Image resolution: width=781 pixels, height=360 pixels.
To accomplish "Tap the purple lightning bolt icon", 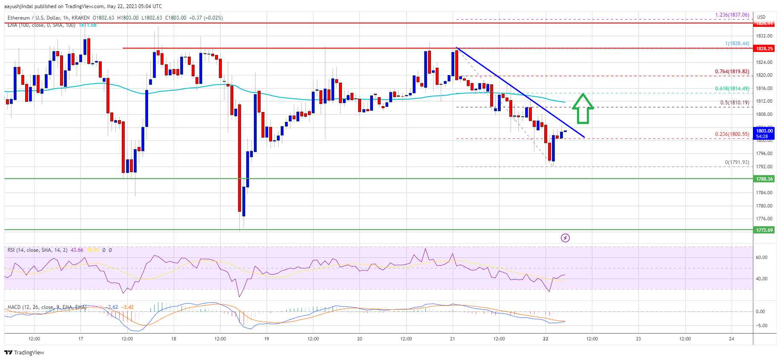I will point(565,238).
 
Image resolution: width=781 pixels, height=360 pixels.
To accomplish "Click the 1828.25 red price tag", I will point(764,49).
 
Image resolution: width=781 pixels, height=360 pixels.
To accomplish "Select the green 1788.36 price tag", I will point(764,179).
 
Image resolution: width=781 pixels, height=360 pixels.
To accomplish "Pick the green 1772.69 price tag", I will point(764,230).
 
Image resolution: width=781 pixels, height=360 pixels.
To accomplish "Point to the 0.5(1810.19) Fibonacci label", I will point(734,103).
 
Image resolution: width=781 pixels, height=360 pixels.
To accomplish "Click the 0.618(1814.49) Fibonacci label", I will point(732,89).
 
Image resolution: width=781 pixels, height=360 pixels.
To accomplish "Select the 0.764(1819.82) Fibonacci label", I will point(732,72).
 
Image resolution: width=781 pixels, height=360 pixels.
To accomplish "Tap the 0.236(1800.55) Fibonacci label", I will point(732,134).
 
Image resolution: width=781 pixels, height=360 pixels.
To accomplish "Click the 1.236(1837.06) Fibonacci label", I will point(732,15).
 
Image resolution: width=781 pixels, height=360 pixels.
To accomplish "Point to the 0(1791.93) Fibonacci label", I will point(737,162).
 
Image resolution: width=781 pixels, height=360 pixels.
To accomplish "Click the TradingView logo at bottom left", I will point(24,352).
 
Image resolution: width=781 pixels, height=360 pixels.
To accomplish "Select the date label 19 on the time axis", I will point(267,339).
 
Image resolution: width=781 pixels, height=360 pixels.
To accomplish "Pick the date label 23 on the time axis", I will point(638,339).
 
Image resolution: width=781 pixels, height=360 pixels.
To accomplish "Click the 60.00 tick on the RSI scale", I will point(761,257).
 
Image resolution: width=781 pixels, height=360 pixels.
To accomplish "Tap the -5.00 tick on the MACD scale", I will point(761,325).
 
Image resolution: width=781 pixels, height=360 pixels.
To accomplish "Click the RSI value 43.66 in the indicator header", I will point(77,250).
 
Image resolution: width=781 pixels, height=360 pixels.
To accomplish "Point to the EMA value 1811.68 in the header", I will point(87,25).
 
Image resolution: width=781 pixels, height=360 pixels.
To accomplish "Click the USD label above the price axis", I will point(761,17).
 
